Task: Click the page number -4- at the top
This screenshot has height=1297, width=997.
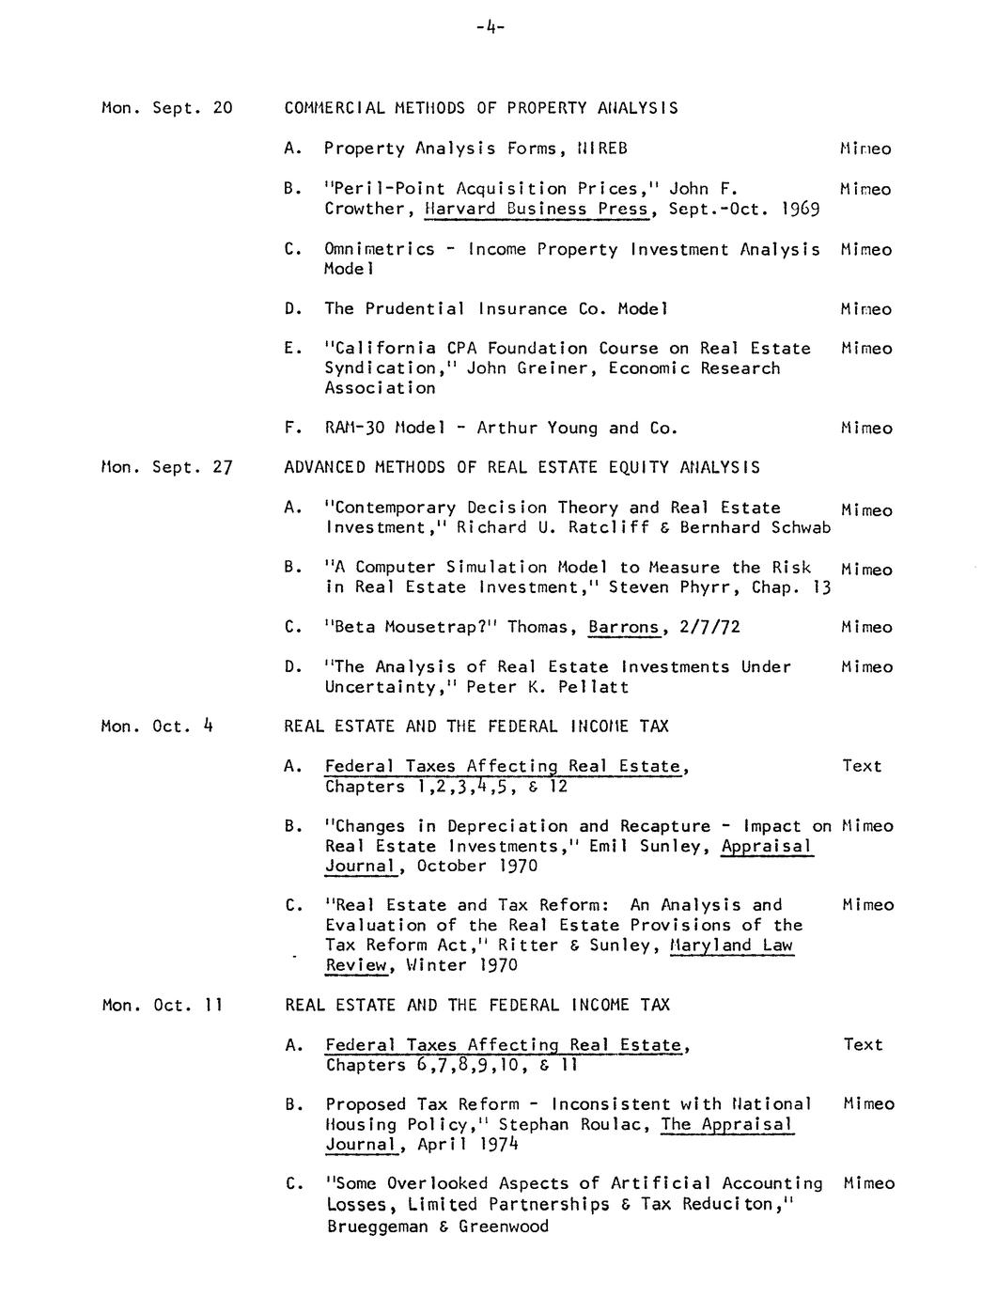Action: [x=491, y=27]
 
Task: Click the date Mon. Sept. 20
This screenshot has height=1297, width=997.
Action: [x=166, y=107]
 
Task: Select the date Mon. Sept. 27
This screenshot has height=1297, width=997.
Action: [x=166, y=467]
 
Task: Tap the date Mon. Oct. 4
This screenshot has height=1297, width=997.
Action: [x=157, y=726]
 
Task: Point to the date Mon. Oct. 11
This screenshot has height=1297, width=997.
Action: [x=162, y=1005]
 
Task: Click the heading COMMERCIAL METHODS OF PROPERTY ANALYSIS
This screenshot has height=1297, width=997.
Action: [x=481, y=107]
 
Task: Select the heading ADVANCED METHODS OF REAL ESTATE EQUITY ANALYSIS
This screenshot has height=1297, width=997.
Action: [x=522, y=467]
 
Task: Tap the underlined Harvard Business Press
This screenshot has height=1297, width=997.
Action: [x=537, y=209]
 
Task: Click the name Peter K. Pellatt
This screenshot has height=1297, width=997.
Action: [x=547, y=687]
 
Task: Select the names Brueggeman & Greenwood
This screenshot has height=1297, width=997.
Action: [x=437, y=1226]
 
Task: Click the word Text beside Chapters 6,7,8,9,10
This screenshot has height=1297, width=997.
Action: [x=862, y=1044]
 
